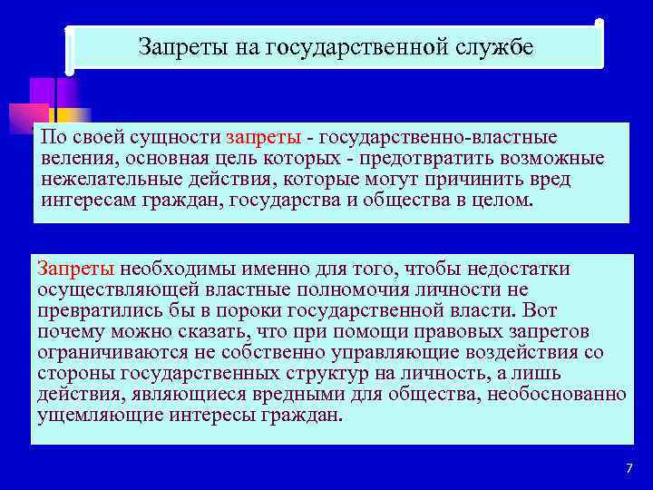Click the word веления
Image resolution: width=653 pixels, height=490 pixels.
pos(74,159)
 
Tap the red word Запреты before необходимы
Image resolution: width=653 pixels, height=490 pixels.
pos(75,269)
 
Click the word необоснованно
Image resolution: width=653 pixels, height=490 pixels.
pos(557,394)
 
